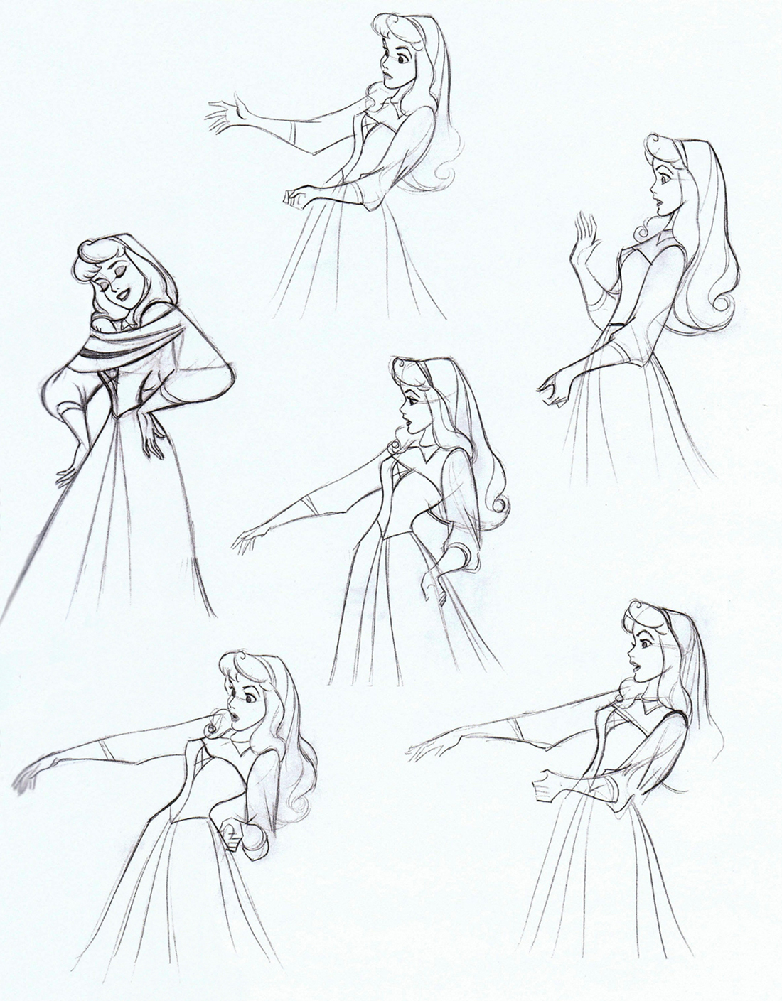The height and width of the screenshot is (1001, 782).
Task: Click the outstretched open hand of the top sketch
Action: click(226, 115)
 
